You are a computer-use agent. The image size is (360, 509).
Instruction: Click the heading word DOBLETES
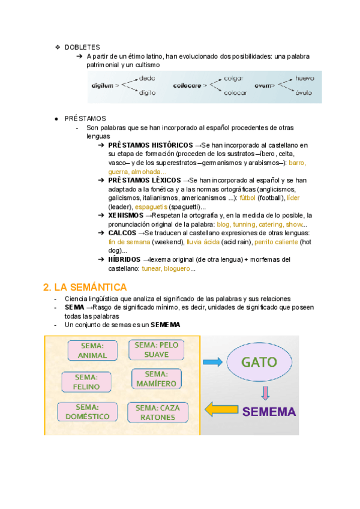coord(82,47)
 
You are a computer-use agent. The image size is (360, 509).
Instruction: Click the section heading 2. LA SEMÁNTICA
coord(86,288)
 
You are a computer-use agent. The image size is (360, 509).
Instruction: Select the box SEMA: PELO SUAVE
coord(157,349)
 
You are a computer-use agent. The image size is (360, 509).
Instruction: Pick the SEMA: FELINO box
coord(86,382)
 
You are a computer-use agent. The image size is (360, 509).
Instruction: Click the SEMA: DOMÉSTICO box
coord(88,412)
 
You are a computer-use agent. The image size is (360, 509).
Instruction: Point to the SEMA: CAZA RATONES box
coord(158,412)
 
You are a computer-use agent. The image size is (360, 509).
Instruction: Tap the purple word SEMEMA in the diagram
coord(269,412)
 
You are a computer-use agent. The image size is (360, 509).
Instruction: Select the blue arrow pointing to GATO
coord(212,362)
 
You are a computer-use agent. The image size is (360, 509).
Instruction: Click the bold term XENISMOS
coord(126,215)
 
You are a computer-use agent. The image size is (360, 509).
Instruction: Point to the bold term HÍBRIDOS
coord(125,259)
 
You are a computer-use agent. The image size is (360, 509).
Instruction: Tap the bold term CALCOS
coord(122,233)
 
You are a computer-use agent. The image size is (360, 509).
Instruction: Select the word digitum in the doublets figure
coord(102,86)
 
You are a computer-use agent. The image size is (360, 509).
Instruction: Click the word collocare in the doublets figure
coord(186,86)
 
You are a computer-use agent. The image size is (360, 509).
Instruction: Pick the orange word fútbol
coord(247,197)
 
